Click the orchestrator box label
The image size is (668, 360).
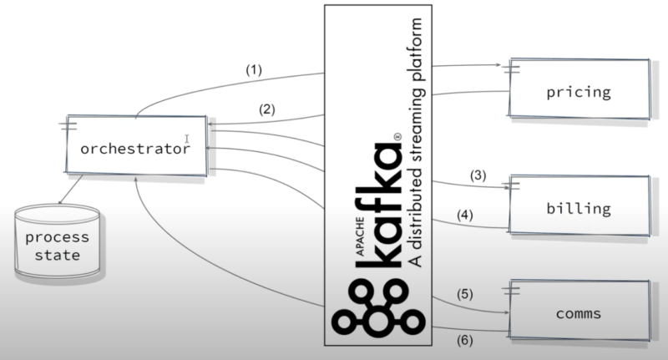(x=134, y=149)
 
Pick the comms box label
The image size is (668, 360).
(x=579, y=314)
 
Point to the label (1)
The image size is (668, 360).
(x=255, y=71)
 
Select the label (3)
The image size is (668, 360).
(x=477, y=175)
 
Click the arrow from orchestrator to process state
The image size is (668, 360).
(x=72, y=191)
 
